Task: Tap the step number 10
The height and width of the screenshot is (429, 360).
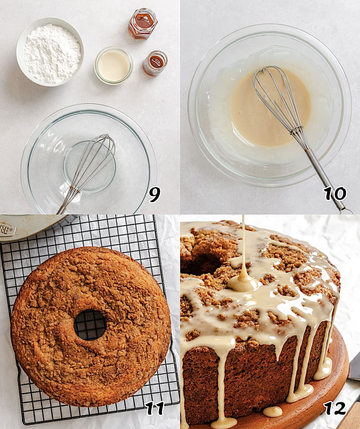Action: pos(335,194)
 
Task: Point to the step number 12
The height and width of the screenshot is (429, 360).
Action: pos(334,408)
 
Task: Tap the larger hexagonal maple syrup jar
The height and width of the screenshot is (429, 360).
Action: pos(143,24)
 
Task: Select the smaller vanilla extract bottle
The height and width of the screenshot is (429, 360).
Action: pos(155,63)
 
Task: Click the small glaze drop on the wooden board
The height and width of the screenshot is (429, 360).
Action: pos(272,412)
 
